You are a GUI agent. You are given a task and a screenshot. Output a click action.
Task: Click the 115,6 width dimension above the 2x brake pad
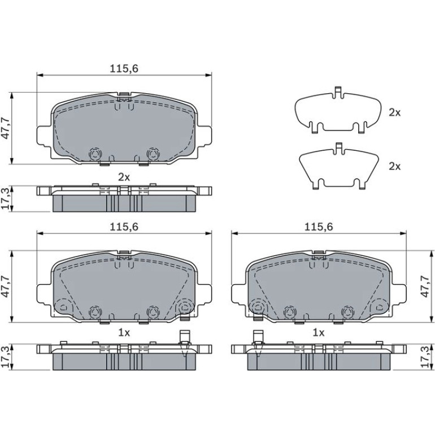(x=124, y=68)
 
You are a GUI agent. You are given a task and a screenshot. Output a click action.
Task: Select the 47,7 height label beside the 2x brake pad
(x=6, y=128)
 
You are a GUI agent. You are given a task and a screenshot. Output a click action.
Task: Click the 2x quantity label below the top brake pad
(x=124, y=177)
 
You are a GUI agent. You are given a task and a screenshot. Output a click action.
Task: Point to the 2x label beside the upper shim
(x=394, y=112)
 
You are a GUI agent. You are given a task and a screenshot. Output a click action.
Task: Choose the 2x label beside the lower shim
(x=394, y=167)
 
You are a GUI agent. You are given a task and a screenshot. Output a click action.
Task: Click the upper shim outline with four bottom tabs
(x=337, y=110)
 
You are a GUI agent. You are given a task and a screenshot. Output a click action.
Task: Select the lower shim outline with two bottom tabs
(x=338, y=167)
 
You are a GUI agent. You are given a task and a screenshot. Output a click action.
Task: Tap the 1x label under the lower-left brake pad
(x=124, y=333)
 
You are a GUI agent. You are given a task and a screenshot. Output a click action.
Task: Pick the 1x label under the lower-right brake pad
(x=318, y=333)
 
